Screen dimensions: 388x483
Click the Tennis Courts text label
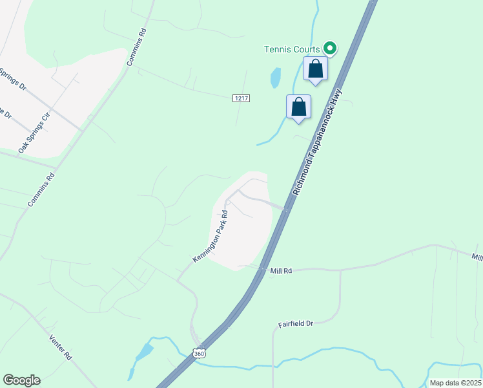coord(292,49)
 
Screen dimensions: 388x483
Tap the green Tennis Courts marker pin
coord(329,48)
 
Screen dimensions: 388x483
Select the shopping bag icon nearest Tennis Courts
coord(316,69)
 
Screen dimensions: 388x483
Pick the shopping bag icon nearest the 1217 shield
coord(298,107)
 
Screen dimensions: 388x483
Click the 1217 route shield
coord(241,98)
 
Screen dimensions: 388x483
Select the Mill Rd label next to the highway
coord(282,271)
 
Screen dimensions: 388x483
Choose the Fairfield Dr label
coord(295,323)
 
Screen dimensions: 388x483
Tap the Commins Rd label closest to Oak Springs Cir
coord(42,189)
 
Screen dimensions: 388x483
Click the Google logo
coord(21,380)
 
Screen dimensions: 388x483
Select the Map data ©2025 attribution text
coord(455,383)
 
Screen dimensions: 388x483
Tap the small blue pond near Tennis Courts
coord(276,78)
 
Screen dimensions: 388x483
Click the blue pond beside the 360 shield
coord(144,352)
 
